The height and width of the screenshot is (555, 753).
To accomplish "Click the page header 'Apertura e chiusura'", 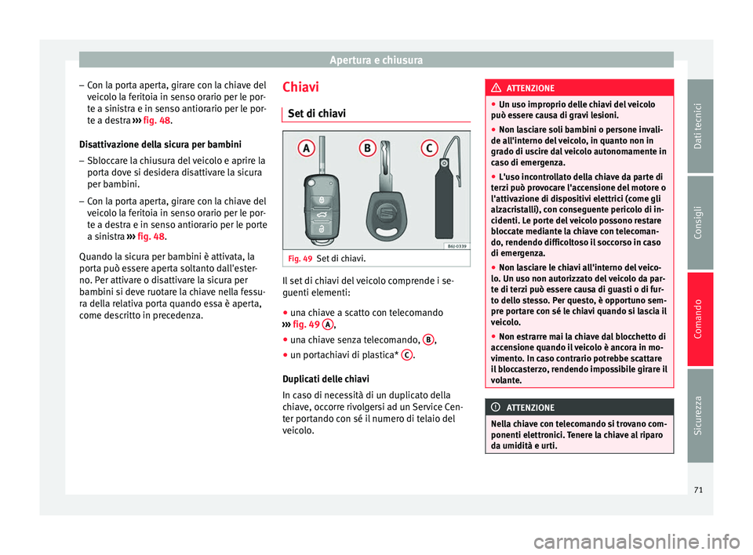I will tap(376, 60).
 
